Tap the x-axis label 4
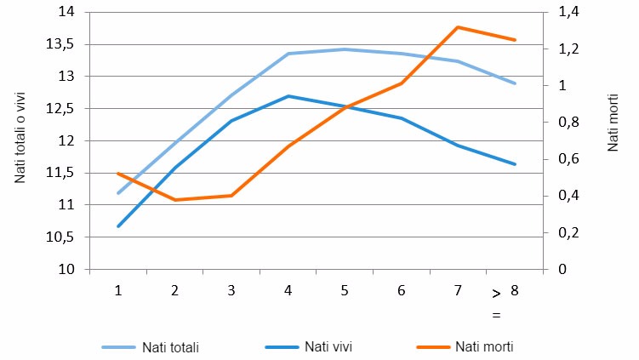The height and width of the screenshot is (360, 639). coord(288,290)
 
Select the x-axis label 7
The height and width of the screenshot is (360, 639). coord(458,290)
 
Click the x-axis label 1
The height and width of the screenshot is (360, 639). coord(118,290)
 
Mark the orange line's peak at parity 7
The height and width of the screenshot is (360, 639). coord(458,27)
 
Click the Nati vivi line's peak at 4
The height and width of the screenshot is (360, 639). coord(288,96)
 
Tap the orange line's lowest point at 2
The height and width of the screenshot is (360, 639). coord(174,200)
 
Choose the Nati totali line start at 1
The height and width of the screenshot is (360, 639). coord(118,193)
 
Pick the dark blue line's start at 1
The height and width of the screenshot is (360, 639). coord(118,226)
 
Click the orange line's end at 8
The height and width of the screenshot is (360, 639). coord(515,40)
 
